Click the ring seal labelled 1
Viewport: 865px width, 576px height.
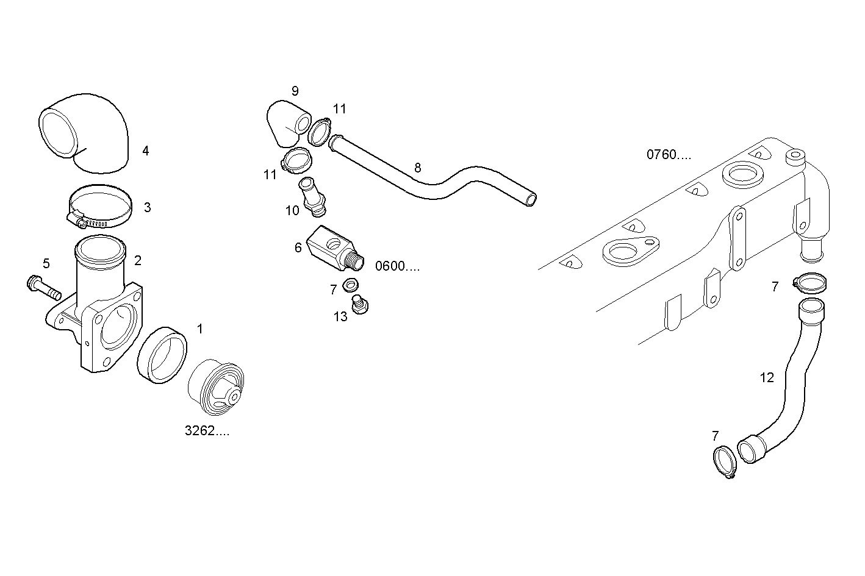click(162, 355)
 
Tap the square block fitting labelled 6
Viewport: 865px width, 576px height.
click(332, 248)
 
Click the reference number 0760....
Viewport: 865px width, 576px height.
click(669, 155)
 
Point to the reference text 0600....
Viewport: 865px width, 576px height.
click(398, 266)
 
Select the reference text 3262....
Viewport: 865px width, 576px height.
click(207, 431)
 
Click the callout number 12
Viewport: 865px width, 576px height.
click(767, 378)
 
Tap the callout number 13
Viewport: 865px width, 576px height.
click(340, 316)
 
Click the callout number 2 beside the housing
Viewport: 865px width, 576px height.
click(138, 261)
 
